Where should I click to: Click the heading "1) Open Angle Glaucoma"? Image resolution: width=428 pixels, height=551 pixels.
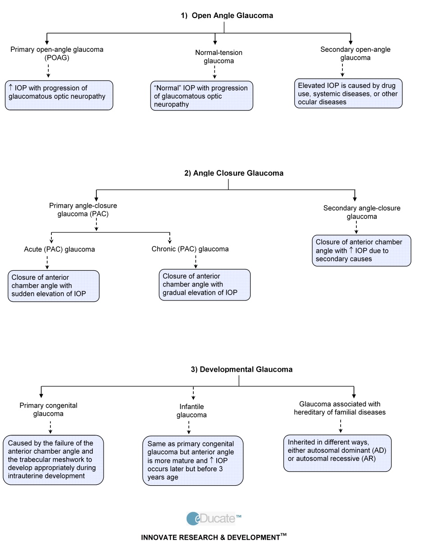coord(227,15)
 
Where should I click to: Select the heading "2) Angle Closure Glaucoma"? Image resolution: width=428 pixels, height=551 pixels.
coord(234,173)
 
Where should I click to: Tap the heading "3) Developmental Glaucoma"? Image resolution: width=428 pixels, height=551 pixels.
coord(241,369)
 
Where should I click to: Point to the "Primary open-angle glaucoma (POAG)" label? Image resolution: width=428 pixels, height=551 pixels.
coord(57,53)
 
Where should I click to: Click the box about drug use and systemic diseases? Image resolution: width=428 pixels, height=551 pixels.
coord(348,94)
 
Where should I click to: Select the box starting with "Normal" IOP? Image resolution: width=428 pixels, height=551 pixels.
coord(201,96)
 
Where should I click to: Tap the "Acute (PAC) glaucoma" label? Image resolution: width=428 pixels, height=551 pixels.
coord(59,249)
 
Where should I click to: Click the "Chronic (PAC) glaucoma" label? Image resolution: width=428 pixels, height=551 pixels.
coord(190,249)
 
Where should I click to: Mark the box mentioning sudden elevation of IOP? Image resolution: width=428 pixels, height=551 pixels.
coord(54,286)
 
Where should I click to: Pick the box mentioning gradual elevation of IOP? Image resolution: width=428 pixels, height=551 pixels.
coord(205,285)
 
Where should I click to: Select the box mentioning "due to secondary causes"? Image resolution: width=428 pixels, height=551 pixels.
coord(361,250)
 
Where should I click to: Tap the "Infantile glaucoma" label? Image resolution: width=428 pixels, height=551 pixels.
coord(191,410)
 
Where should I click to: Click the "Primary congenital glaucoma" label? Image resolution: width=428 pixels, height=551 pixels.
coord(48,409)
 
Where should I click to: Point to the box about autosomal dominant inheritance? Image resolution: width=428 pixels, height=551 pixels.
coord(337,453)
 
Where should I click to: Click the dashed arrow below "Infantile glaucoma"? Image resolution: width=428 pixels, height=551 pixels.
coord(189,427)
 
